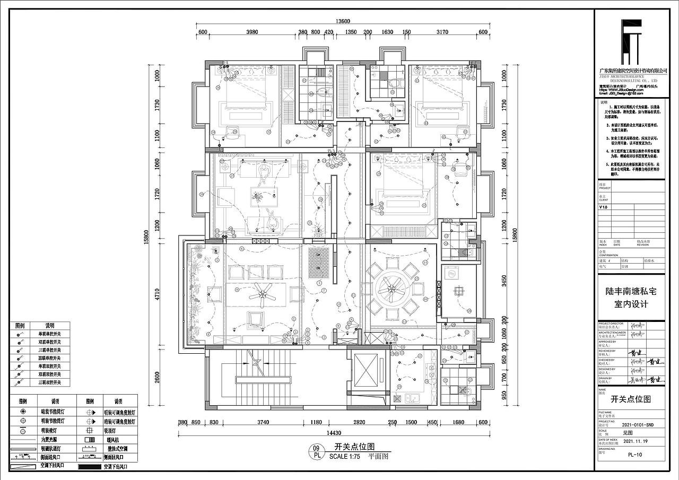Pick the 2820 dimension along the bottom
[x=359, y=422]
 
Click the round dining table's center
[x=391, y=290]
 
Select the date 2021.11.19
[x=636, y=440]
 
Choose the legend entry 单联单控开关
[x=49, y=334]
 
